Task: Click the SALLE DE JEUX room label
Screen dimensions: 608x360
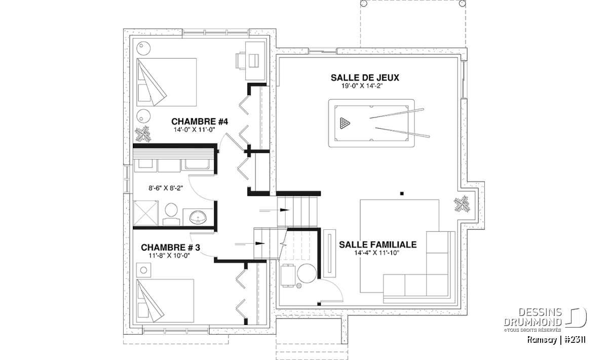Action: click(365, 78)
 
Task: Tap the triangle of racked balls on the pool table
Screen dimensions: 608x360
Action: click(345, 123)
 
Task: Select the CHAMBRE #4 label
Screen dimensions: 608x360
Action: click(200, 122)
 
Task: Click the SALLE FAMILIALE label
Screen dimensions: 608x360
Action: click(377, 245)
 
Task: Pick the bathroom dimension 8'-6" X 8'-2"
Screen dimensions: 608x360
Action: click(166, 188)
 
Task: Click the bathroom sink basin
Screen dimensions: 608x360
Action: click(198, 218)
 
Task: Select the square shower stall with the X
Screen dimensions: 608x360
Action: click(145, 213)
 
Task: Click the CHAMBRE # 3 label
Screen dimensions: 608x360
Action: click(170, 248)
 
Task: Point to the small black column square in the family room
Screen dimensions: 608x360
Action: click(402, 193)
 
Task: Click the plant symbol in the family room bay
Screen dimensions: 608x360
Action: click(462, 204)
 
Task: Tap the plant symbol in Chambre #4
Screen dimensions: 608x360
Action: click(143, 134)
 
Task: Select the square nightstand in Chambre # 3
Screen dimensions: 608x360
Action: click(143, 270)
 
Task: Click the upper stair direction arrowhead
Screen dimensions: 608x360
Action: click(285, 210)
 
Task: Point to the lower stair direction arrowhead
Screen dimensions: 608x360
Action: click(260, 244)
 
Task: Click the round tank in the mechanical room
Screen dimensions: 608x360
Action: click(307, 273)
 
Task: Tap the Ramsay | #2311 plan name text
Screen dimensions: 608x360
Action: click(556, 340)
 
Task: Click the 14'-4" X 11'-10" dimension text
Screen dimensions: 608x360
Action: click(377, 253)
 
